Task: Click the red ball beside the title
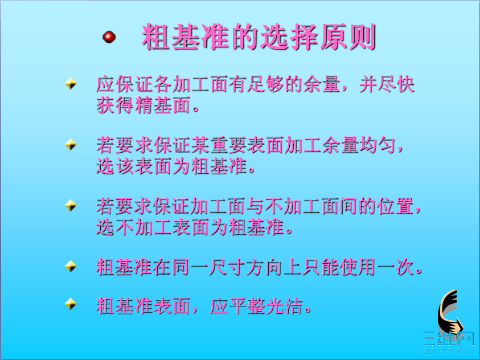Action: click(109, 37)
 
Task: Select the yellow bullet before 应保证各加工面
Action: click(71, 84)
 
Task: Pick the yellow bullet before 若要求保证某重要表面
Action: click(71, 145)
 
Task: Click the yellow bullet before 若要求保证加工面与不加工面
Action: click(71, 205)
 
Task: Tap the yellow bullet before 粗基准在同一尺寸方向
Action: click(71, 266)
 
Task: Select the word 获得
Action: click(115, 105)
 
